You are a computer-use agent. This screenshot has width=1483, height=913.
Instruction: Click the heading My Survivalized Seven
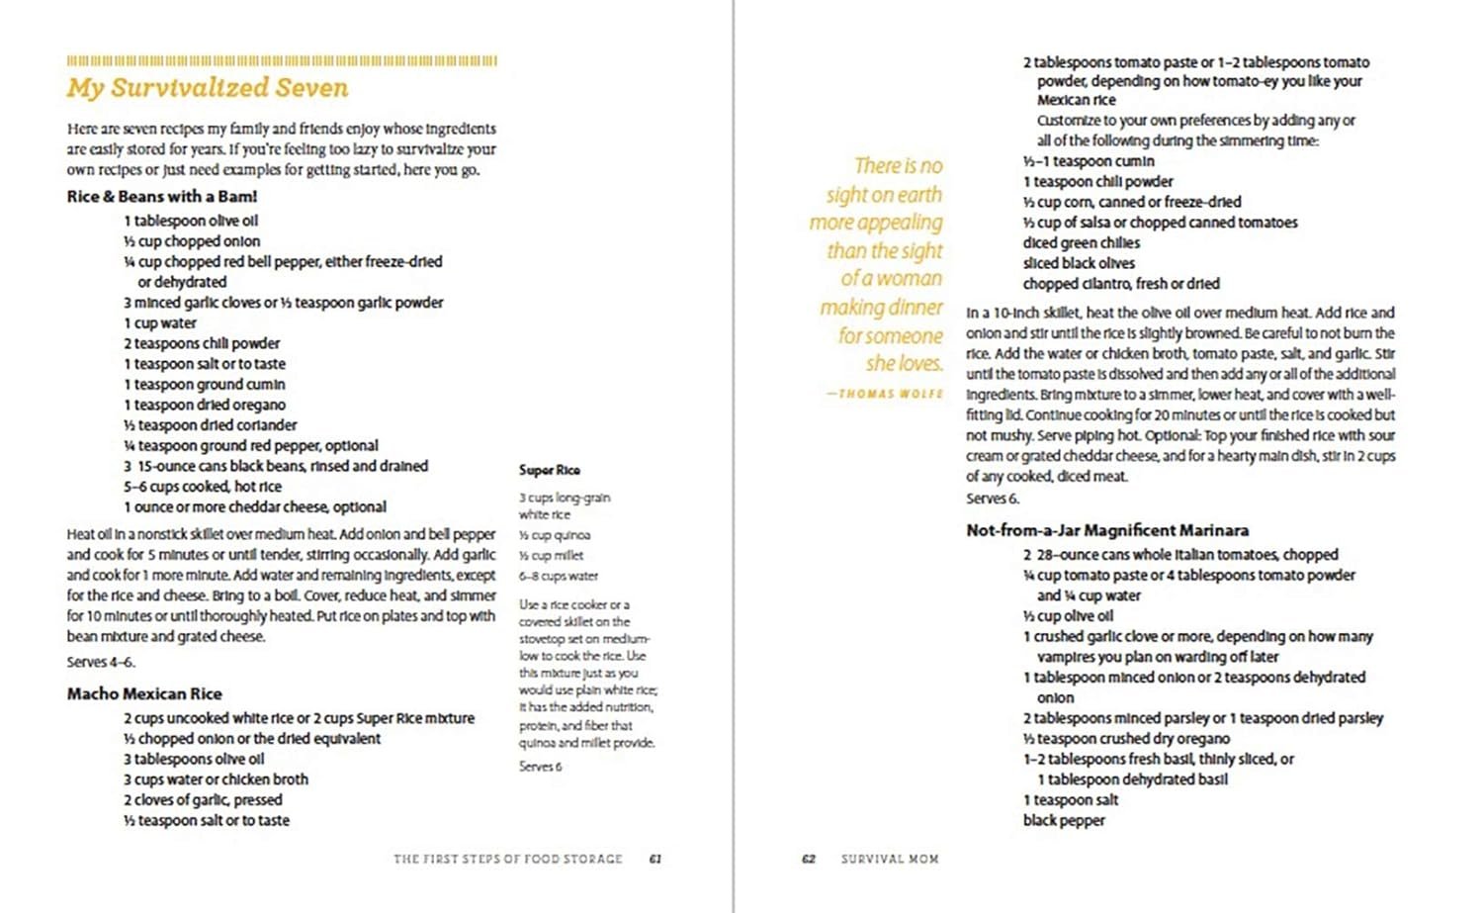click(208, 88)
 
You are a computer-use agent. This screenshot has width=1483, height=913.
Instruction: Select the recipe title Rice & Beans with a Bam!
click(162, 197)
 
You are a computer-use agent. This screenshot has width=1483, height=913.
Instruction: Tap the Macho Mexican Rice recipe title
click(144, 693)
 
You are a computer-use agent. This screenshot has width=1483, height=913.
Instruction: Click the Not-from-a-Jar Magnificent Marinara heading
click(1107, 530)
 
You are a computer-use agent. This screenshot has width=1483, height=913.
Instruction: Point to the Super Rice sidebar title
click(550, 470)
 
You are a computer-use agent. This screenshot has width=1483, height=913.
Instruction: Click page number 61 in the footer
click(654, 859)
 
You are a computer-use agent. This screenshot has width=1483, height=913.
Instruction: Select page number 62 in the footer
click(809, 859)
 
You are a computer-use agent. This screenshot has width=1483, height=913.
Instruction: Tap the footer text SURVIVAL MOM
click(890, 859)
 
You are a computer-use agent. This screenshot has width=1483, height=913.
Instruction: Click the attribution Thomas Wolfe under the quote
click(884, 394)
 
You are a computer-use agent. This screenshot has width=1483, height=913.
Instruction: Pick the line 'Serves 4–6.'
click(101, 662)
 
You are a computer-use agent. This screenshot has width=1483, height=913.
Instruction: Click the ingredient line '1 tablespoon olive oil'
click(191, 221)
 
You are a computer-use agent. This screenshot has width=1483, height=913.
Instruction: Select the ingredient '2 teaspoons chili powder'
click(202, 343)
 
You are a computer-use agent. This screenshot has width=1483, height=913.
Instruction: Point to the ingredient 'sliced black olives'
click(1079, 263)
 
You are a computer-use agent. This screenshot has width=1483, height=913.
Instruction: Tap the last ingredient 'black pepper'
click(1064, 820)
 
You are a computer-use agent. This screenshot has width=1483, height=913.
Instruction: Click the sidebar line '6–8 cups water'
click(559, 576)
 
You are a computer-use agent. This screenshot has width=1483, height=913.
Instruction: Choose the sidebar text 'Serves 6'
click(541, 767)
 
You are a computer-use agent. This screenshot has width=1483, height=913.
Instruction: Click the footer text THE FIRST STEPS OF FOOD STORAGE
click(508, 859)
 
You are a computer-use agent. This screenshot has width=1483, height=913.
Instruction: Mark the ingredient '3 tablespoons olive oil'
click(194, 759)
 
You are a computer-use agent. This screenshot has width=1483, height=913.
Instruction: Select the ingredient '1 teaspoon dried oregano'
click(205, 405)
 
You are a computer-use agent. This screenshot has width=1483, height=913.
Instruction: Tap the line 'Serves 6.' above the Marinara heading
click(993, 499)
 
